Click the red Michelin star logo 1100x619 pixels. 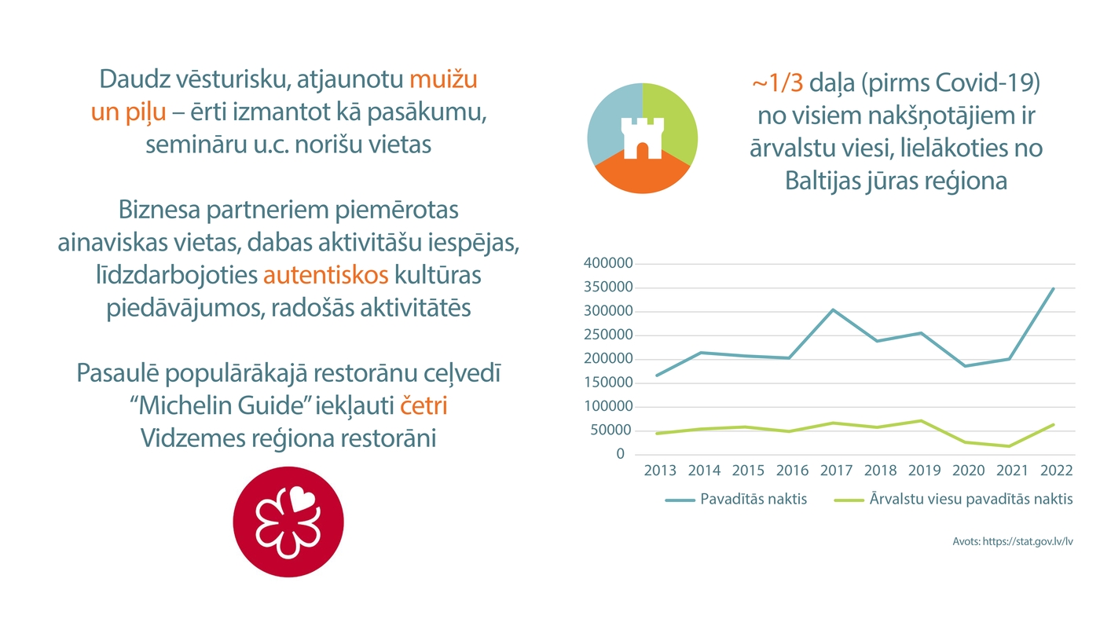click(288, 522)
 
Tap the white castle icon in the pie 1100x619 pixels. click(642, 138)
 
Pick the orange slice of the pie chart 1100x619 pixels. click(643, 177)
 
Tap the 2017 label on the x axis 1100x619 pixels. click(836, 471)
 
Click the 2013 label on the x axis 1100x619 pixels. click(660, 471)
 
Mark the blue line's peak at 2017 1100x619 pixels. click(833, 309)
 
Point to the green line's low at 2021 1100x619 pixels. click(1009, 446)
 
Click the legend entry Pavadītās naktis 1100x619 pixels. click(753, 499)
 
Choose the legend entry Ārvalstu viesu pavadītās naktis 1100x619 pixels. click(971, 499)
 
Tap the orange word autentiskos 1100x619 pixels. click(326, 276)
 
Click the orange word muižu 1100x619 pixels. click(444, 79)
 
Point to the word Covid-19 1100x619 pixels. click(999, 82)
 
